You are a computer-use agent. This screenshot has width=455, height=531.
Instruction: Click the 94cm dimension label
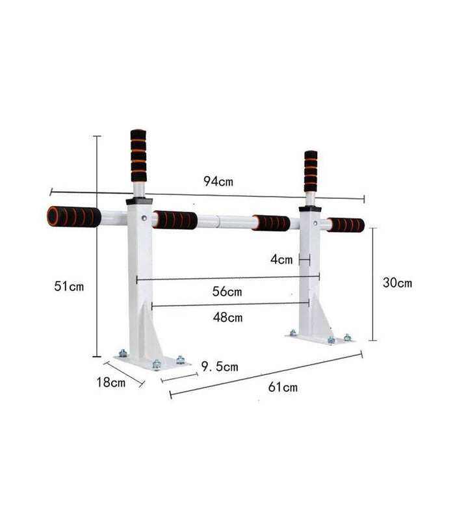218,182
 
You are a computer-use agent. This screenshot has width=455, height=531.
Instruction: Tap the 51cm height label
69,286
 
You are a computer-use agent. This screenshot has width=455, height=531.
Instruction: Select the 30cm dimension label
396,283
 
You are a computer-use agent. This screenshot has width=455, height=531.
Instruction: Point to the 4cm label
281,259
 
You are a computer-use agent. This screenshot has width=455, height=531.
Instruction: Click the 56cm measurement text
227,292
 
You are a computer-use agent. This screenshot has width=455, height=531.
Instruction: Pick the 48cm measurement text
227,317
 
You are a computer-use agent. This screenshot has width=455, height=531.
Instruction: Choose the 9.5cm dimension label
219,367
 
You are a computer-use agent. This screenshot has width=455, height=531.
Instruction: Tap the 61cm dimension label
283,387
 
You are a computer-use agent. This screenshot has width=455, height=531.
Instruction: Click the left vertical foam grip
138,155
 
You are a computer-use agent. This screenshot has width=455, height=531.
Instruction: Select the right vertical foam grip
311,171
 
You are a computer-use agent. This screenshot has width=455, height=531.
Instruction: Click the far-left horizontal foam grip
73,216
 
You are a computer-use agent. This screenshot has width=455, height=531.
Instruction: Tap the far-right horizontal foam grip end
346,225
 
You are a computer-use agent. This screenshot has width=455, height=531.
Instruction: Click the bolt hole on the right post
315,223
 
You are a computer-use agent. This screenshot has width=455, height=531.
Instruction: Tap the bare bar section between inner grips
224,221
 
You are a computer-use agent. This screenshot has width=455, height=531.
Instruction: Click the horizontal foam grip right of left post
175,220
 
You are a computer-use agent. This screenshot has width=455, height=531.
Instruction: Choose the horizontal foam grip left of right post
272,223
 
